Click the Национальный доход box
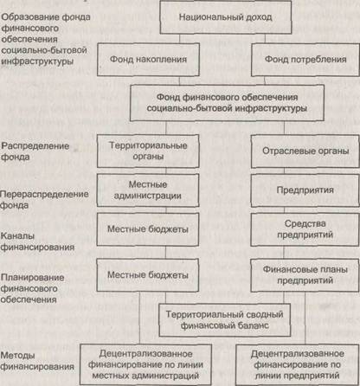coord(226,17)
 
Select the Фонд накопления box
coord(148,60)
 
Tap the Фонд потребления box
coord(305,60)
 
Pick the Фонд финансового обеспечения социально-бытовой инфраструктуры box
coord(227,103)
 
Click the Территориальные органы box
coord(148,151)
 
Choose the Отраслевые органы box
coord(305,151)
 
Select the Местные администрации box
coord(148,190)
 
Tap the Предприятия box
coord(305,190)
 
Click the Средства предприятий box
coord(305,229)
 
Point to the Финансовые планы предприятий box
coord(305,275)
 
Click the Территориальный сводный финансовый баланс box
coord(225,320)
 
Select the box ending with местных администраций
coord(145,364)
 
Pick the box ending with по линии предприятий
coord(298,364)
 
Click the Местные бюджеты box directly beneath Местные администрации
coord(148,229)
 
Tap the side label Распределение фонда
coord(35,151)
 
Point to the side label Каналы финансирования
coord(37,241)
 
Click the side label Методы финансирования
coord(37,361)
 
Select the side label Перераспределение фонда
coord(44,200)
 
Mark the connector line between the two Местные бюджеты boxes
coord(165,253)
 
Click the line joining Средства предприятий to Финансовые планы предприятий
coord(284,253)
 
